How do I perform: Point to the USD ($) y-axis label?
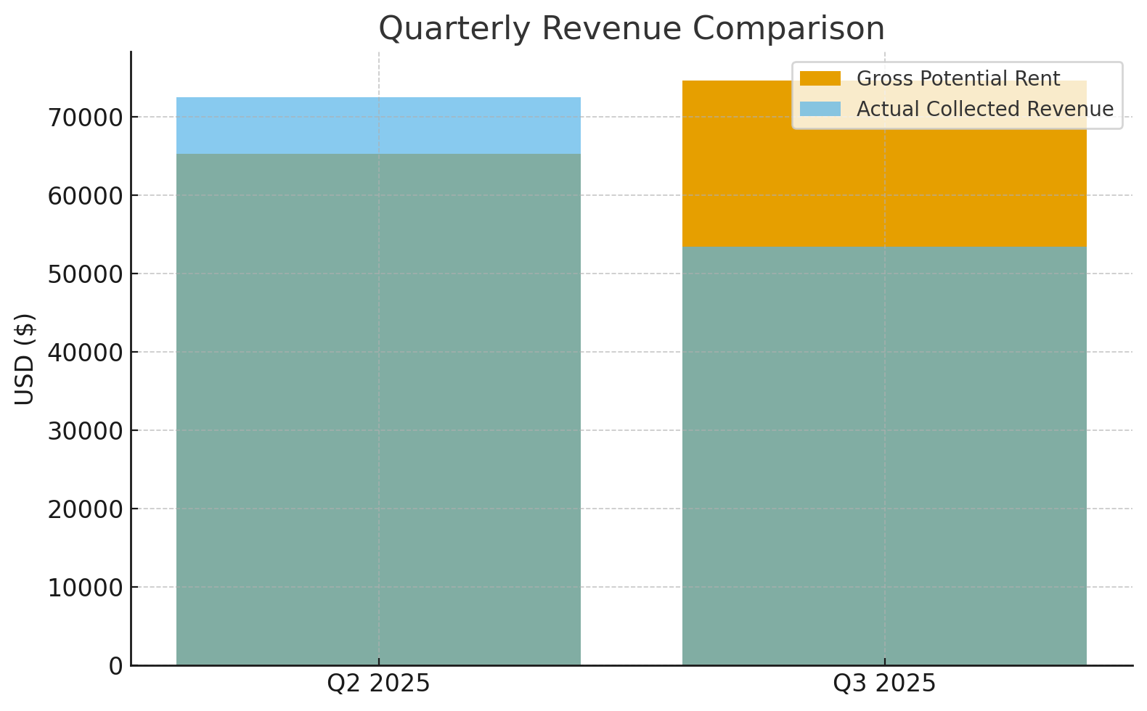25,358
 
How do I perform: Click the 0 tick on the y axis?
115,666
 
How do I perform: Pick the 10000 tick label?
85,588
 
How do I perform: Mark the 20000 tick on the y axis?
85,509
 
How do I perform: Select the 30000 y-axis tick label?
85,431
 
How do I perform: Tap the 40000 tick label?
85,353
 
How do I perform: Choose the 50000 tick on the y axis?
85,274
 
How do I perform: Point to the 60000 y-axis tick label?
85,196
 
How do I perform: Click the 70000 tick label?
85,118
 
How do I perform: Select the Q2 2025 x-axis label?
378,683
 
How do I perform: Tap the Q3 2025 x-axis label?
884,683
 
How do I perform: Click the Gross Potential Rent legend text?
958,79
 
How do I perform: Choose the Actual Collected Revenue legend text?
984,109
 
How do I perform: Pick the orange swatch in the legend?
820,78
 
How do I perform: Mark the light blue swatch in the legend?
820,109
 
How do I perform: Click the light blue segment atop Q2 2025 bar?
378,126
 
